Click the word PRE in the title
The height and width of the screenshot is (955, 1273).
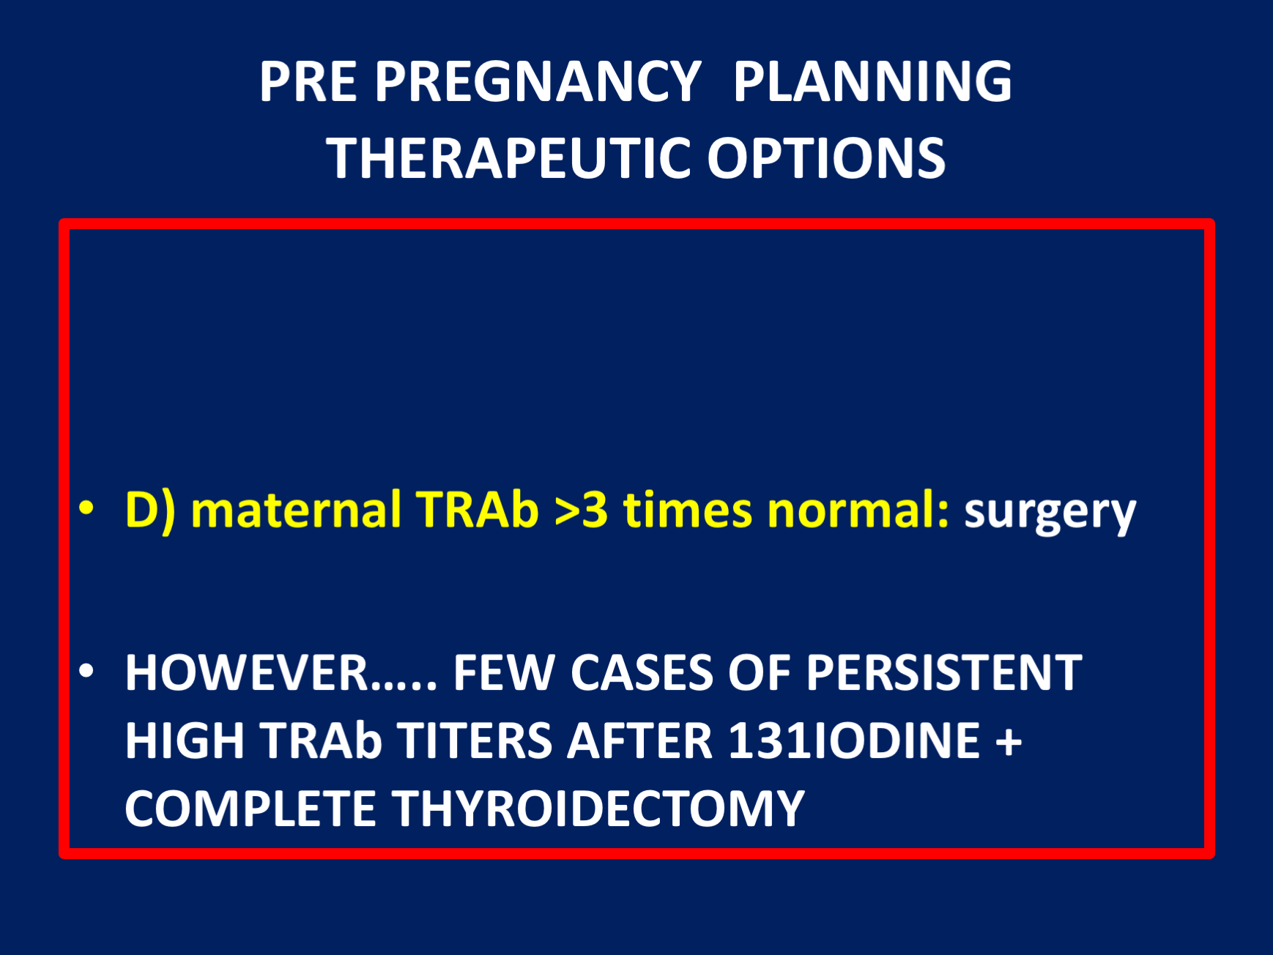click(308, 81)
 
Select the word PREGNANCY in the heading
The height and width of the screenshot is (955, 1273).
click(538, 81)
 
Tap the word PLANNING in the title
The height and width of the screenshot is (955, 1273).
click(872, 81)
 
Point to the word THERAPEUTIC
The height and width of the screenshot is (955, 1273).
click(508, 158)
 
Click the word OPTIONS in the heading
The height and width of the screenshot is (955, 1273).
click(826, 158)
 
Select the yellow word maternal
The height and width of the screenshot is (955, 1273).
click(295, 510)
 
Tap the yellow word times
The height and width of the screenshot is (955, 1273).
click(687, 510)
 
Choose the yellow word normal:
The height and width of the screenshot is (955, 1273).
click(858, 510)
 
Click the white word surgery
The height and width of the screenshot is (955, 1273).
click(1050, 512)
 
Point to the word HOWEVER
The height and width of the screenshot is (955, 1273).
click(247, 672)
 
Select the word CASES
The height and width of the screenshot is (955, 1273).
click(641, 672)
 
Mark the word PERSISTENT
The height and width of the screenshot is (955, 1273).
click(944, 672)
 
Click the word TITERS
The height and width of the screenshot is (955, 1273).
click(475, 740)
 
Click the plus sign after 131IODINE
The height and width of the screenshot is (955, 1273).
click(1009, 741)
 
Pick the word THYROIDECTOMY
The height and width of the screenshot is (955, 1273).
click(598, 809)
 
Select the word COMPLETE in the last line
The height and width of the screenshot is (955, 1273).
click(250, 809)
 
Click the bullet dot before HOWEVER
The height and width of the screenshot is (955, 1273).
click(86, 671)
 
